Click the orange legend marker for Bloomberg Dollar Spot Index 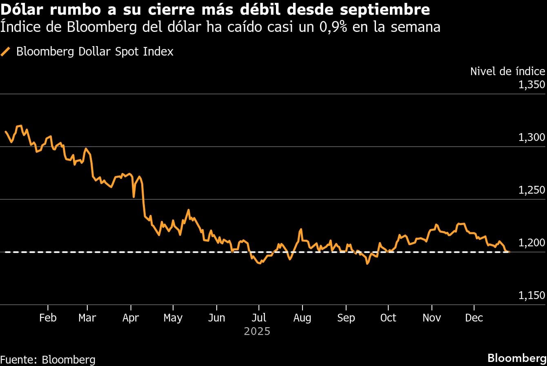pyautogui.click(x=6, y=52)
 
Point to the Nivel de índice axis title pyautogui.click(x=507, y=71)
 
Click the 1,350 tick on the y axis pyautogui.click(x=531, y=85)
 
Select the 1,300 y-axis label pyautogui.click(x=531, y=138)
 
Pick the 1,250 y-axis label pyautogui.click(x=531, y=190)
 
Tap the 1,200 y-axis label pyautogui.click(x=531, y=243)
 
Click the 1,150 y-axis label pyautogui.click(x=531, y=296)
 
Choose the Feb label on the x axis pyautogui.click(x=48, y=318)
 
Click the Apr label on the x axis pyautogui.click(x=131, y=318)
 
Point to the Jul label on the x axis pyautogui.click(x=259, y=318)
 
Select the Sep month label pyautogui.click(x=346, y=318)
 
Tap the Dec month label pyautogui.click(x=474, y=318)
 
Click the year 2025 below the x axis pyautogui.click(x=257, y=331)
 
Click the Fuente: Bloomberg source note pyautogui.click(x=48, y=359)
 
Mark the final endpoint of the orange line pyautogui.click(x=509, y=252)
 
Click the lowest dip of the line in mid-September pyautogui.click(x=367, y=263)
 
